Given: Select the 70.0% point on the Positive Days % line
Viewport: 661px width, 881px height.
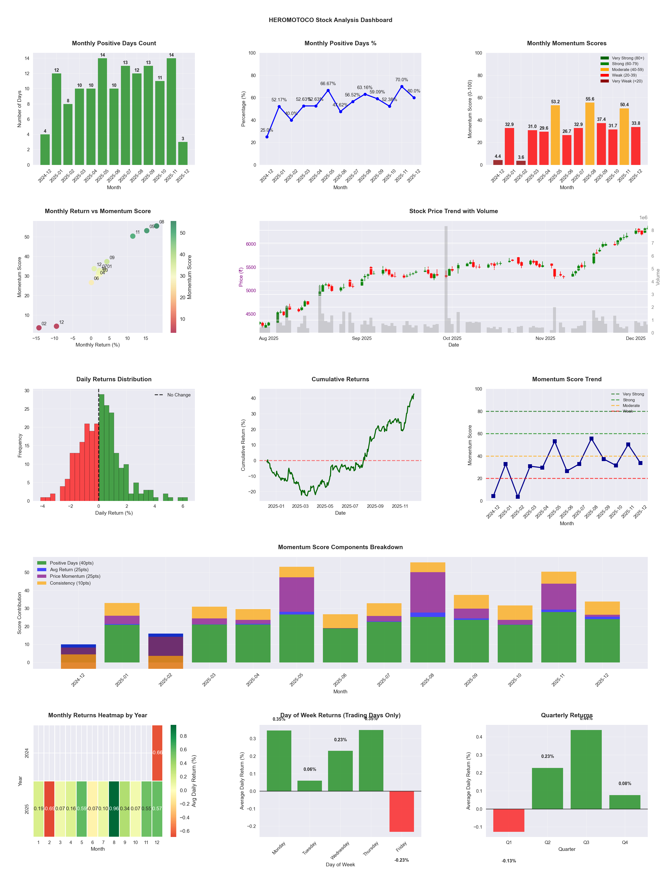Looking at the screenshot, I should (x=402, y=86).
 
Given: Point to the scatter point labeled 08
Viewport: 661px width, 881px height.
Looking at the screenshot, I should (x=157, y=226).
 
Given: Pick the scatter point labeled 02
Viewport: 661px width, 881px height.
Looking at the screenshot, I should (x=39, y=328).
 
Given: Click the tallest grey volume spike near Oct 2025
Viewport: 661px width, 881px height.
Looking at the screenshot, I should (x=446, y=279).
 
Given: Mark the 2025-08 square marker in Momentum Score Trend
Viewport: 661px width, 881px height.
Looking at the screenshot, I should (x=591, y=439).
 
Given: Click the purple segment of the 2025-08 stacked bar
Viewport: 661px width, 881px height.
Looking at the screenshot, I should (x=427, y=592).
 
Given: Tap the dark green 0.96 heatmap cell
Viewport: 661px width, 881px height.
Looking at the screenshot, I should (x=114, y=809).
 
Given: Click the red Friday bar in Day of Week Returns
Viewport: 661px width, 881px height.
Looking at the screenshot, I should (x=402, y=811).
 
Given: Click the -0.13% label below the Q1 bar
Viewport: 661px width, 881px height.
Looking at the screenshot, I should (x=509, y=861).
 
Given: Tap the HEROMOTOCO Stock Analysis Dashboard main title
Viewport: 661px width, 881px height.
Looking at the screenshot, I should (x=330, y=20).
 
